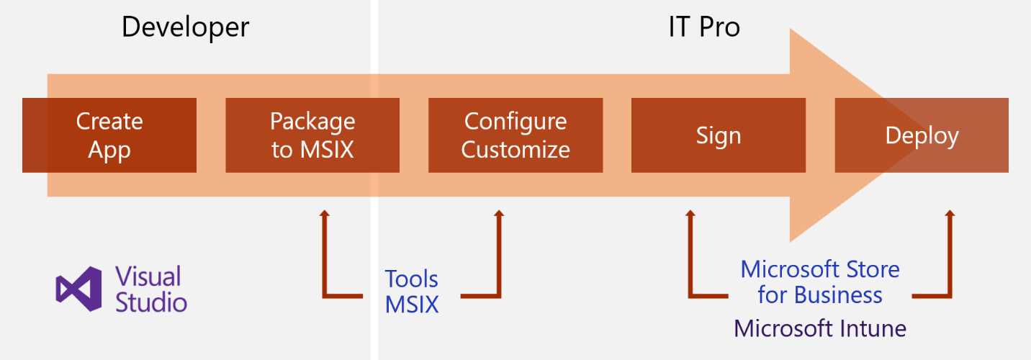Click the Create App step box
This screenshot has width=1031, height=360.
pos(109,135)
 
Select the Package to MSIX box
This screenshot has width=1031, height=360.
pos(312,135)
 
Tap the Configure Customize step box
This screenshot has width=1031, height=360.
pos(515,135)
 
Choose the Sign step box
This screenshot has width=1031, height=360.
pos(718,135)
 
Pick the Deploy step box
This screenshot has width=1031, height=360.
pos(922,135)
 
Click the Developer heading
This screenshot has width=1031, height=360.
pos(185,27)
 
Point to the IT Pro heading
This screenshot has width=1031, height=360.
pos(703,27)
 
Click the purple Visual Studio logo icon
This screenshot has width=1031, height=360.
pos(78,289)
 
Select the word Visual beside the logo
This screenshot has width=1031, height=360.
pos(148,276)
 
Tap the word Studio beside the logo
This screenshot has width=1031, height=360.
pos(151,302)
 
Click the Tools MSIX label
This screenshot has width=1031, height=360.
pos(411,291)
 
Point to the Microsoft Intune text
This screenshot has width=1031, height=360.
pos(820,328)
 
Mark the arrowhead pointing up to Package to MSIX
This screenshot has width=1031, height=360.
pos(325,214)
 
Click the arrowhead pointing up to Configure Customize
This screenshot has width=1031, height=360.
pos(498,214)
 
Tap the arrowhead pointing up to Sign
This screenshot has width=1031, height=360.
pos(690,214)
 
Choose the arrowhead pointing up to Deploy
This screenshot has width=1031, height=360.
pos(950,214)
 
